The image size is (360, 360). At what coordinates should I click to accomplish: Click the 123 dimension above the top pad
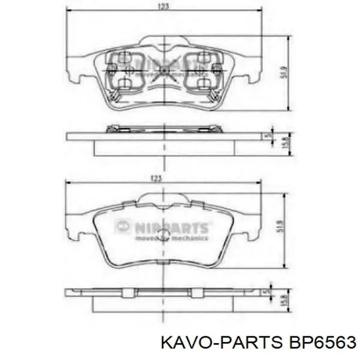(164, 7)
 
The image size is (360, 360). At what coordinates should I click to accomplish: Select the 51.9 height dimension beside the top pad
(282, 73)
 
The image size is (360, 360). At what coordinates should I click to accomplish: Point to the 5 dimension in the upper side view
(266, 136)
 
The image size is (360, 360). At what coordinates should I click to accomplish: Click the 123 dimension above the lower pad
(157, 178)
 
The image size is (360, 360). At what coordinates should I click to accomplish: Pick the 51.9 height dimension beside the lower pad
(280, 226)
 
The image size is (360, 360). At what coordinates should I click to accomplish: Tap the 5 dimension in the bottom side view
(266, 292)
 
